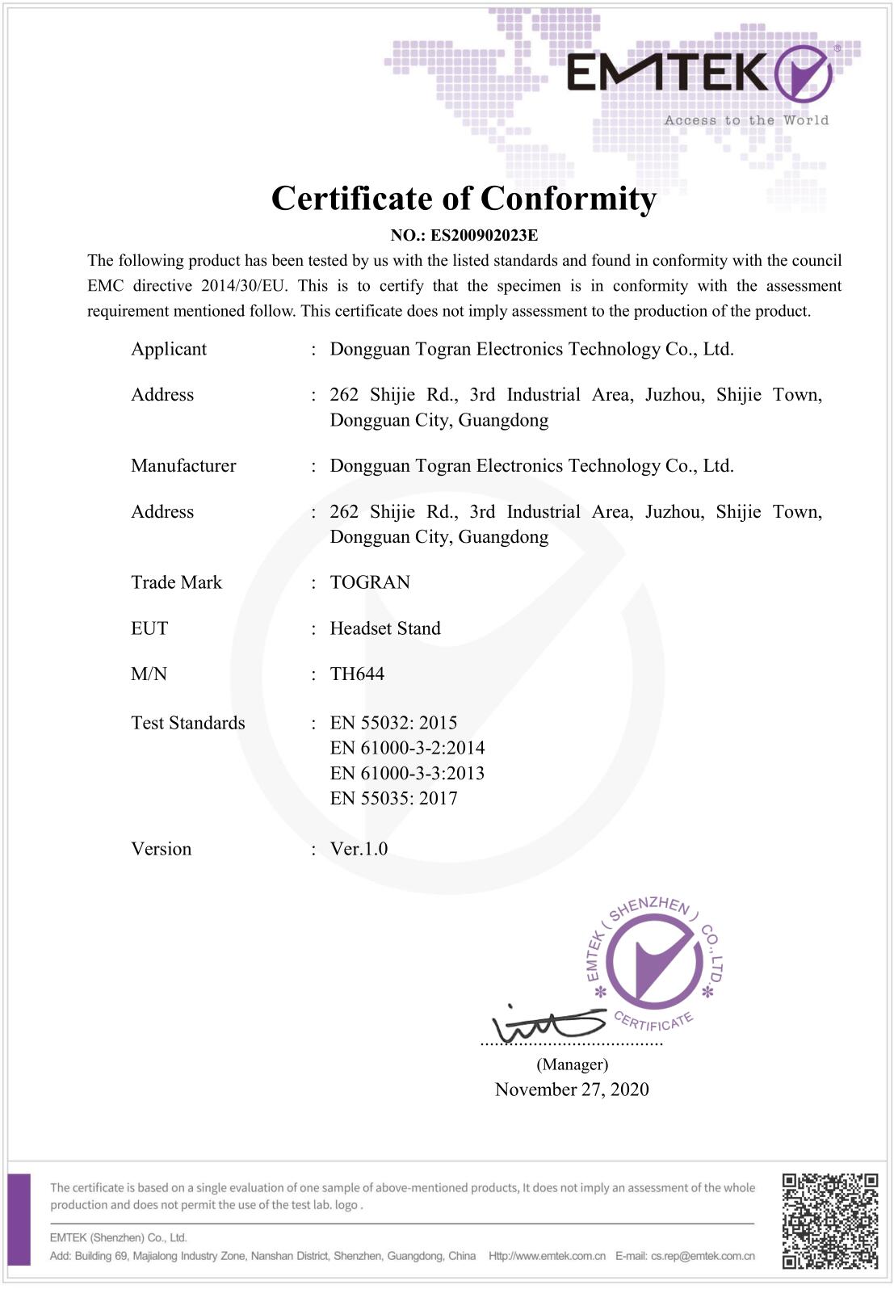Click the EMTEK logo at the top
pos(699,73)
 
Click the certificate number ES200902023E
pos(484,236)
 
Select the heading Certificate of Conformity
pos(464,199)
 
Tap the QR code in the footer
pos(829,1220)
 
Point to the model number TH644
pos(357,674)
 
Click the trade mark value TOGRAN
pos(370,582)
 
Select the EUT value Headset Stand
pos(385,628)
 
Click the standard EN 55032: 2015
pos(393,723)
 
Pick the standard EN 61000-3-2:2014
pos(407,748)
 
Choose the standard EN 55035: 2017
pos(393,799)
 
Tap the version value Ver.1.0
pos(359,849)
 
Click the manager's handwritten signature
pos(548,1024)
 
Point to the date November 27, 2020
pos(572,1090)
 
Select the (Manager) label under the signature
pos(572,1065)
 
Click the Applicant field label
pos(169,349)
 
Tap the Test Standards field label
pos(188,723)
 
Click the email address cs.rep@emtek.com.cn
pos(703,1256)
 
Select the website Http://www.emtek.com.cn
pos(547,1256)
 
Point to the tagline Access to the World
pos(746,120)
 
